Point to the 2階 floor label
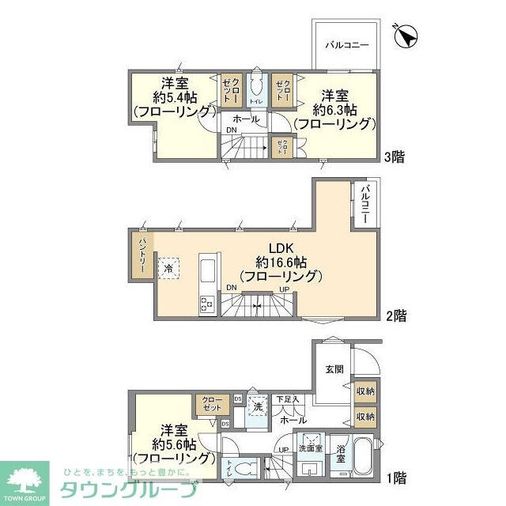point(396,315)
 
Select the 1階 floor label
point(396,477)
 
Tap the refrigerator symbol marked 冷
point(168,268)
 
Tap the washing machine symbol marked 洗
point(257,407)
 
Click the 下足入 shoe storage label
point(287,399)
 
